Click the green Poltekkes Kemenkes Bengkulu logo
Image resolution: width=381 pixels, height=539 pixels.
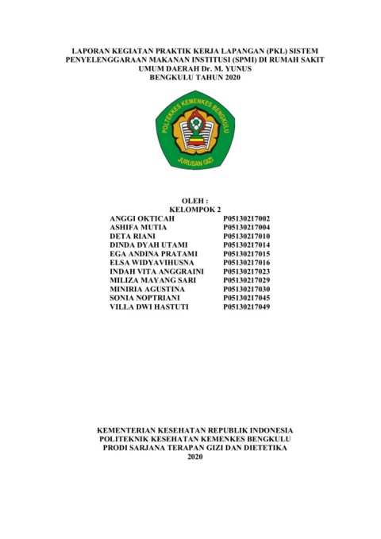coord(194,130)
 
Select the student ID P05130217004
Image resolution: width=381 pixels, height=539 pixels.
coord(247,227)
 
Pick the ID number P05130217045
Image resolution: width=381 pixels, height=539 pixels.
coord(247,297)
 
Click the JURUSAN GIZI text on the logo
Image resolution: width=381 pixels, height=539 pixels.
coord(194,159)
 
